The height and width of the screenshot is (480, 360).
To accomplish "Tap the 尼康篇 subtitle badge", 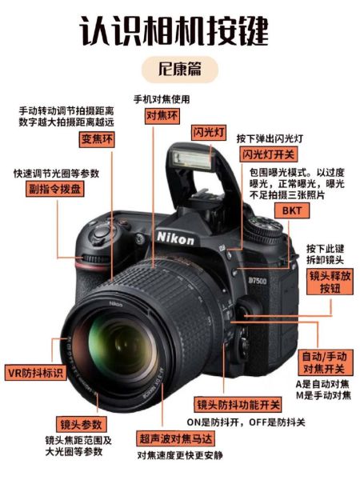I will click(x=180, y=69).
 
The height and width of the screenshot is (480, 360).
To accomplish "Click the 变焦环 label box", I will click(x=98, y=141).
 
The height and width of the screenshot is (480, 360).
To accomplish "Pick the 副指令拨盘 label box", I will click(x=54, y=190).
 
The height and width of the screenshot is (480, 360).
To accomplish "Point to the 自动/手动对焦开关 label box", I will click(x=322, y=362).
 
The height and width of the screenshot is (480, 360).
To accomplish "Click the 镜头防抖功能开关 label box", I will click(x=239, y=405).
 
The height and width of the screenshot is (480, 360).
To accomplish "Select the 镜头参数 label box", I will click(x=80, y=423).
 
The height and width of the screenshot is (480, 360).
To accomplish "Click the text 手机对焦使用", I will click(x=162, y=99).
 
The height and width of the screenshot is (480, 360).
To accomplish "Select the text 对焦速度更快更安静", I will click(x=179, y=455).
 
